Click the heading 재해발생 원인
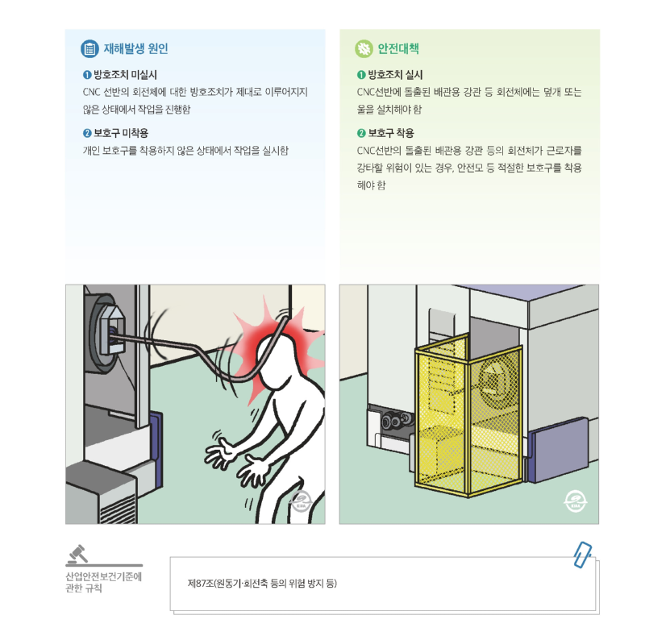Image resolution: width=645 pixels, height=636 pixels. tap(135, 48)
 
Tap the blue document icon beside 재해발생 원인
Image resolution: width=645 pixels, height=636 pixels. tap(89, 48)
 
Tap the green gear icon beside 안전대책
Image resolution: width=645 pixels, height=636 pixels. tap(364, 48)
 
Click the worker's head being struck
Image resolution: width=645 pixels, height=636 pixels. tap(274, 355)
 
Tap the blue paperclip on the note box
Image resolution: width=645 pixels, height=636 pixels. tap(582, 555)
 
